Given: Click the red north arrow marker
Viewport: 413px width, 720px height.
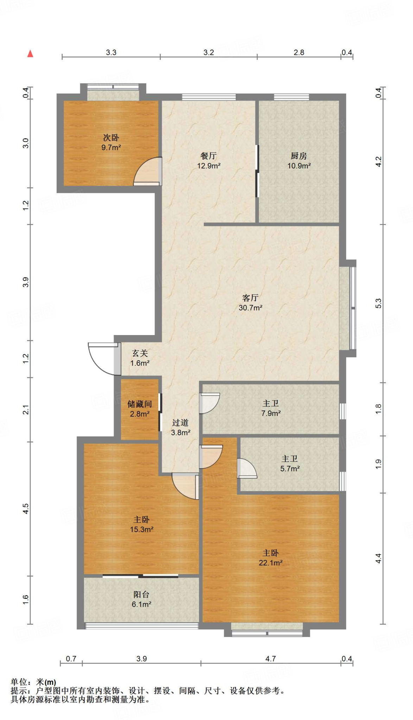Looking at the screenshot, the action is pyautogui.click(x=30, y=53).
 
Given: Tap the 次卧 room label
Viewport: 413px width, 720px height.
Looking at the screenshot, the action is pyautogui.click(x=111, y=137).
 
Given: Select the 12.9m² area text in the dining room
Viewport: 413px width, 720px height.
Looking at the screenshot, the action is pyautogui.click(x=209, y=166).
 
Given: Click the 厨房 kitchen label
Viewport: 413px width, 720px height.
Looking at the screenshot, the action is pyautogui.click(x=299, y=156).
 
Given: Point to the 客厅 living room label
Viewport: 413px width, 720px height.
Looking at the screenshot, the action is pyautogui.click(x=250, y=298).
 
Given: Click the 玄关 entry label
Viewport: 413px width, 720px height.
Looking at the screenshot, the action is pyautogui.click(x=140, y=353).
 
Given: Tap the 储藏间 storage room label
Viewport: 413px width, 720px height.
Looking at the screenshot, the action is pyautogui.click(x=140, y=404).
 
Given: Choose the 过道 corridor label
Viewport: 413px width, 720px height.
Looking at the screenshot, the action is pyautogui.click(x=180, y=423).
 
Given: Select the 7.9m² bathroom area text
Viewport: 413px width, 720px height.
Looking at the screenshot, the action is pyautogui.click(x=271, y=413).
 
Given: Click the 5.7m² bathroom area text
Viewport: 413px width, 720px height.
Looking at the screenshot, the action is pyautogui.click(x=290, y=469).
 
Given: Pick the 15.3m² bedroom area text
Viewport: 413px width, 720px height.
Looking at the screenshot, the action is pyautogui.click(x=142, y=529).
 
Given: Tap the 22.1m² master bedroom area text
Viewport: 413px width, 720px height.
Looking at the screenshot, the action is pyautogui.click(x=271, y=563).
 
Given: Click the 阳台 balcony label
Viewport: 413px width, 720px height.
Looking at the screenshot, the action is pyautogui.click(x=141, y=594).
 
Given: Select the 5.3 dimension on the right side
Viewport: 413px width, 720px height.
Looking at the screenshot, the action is pyautogui.click(x=378, y=303).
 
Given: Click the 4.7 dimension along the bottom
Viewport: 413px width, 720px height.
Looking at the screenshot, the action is pyautogui.click(x=271, y=658).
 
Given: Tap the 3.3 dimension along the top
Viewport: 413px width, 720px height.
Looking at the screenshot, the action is pyautogui.click(x=111, y=52).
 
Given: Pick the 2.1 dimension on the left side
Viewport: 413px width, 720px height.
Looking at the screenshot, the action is pyautogui.click(x=26, y=410).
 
